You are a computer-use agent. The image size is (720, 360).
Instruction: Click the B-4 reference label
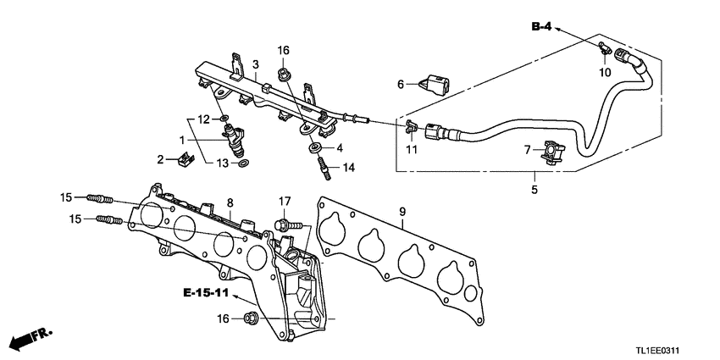click(x=541, y=28)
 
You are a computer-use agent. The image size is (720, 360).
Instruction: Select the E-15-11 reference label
click(x=206, y=293)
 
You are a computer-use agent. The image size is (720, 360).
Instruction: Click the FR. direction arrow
click(x=30, y=339)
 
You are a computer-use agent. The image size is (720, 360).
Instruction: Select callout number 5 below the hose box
click(x=534, y=190)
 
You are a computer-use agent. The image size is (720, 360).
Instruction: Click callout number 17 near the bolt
click(x=285, y=201)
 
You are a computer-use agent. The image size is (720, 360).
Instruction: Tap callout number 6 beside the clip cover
click(x=402, y=84)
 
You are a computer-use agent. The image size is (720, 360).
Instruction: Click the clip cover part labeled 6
click(x=436, y=83)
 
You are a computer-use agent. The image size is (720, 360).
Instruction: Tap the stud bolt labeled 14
click(x=324, y=167)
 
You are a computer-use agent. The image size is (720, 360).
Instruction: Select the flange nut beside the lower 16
click(x=252, y=318)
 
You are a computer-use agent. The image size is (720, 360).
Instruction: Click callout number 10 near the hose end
click(x=604, y=73)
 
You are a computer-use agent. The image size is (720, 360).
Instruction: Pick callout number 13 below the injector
click(x=221, y=162)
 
